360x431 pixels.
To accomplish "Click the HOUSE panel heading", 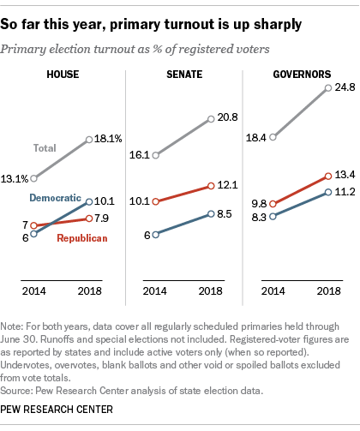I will (x=63, y=75).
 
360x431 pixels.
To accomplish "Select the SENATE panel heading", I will (x=180, y=75).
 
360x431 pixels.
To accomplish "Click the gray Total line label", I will (x=45, y=148).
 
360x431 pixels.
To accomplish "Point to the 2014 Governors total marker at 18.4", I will (x=273, y=137).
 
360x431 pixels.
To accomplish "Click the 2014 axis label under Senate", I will (x=155, y=291).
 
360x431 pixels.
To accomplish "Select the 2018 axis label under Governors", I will (x=324, y=291).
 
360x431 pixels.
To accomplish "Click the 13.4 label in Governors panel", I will (x=342, y=176).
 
